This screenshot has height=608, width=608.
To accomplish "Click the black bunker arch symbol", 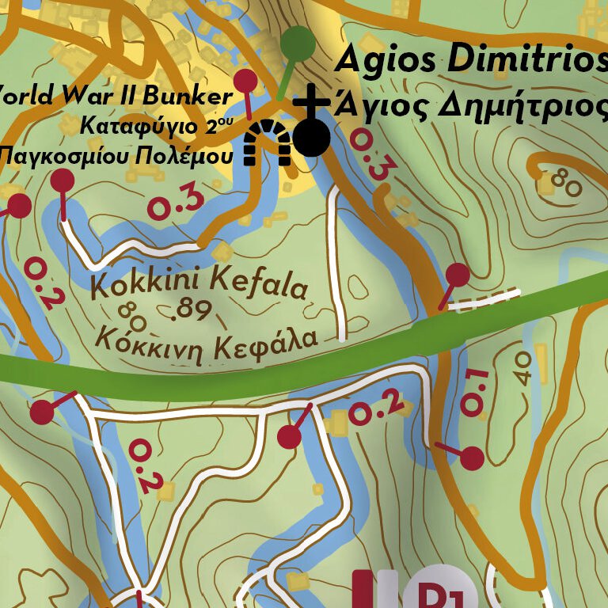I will pyautogui.click(x=266, y=143).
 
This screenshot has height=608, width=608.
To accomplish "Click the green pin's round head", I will pyautogui.click(x=298, y=42).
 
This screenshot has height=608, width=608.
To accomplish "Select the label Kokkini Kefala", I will pyautogui.click(x=198, y=283).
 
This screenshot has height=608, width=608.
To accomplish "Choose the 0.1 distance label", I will pyautogui.click(x=473, y=392).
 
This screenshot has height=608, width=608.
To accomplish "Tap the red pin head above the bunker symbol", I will pyautogui.click(x=246, y=81).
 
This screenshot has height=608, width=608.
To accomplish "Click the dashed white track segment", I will pyautogui.click(x=491, y=299).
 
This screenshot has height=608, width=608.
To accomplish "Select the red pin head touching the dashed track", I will pyautogui.click(x=458, y=275).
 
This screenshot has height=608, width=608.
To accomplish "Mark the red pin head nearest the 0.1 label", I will pyautogui.click(x=472, y=458).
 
